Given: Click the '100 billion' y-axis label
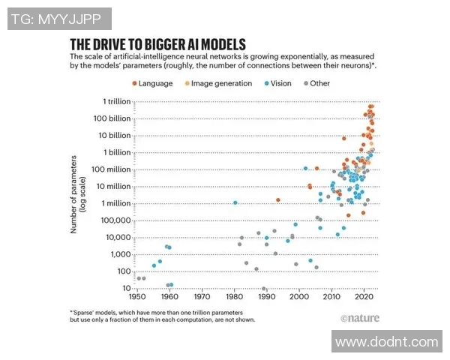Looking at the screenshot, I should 111,118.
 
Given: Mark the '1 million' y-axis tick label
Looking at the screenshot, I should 114,203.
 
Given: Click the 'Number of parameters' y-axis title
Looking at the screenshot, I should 74,194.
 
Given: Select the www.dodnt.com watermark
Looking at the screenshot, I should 386,342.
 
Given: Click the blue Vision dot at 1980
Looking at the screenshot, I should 235,202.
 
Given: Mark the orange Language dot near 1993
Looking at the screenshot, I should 277,199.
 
